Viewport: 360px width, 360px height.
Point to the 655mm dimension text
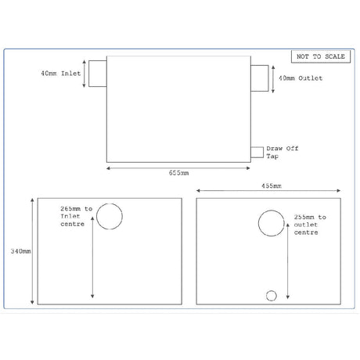point(178,172)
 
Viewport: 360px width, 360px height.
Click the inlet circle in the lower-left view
point(110,217)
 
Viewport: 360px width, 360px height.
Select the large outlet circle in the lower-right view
point(271,224)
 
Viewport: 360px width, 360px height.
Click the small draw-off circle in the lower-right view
point(272,295)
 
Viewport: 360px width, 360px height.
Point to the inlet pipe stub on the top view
point(96,75)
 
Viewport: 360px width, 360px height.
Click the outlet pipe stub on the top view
point(258,77)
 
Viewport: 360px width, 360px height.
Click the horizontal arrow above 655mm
point(178,165)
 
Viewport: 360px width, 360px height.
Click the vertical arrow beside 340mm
point(32,252)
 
